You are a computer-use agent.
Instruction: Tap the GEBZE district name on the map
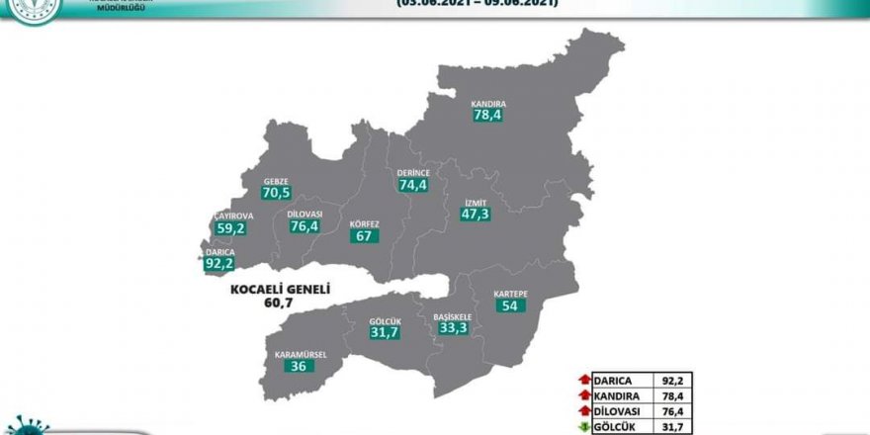(x=275, y=181)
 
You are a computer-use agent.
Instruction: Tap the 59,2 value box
(x=229, y=229)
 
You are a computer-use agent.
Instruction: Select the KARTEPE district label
(x=509, y=293)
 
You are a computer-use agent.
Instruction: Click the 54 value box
(x=510, y=306)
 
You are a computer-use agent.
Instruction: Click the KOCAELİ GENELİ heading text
(x=279, y=292)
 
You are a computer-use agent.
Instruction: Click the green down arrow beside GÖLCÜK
(x=585, y=428)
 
